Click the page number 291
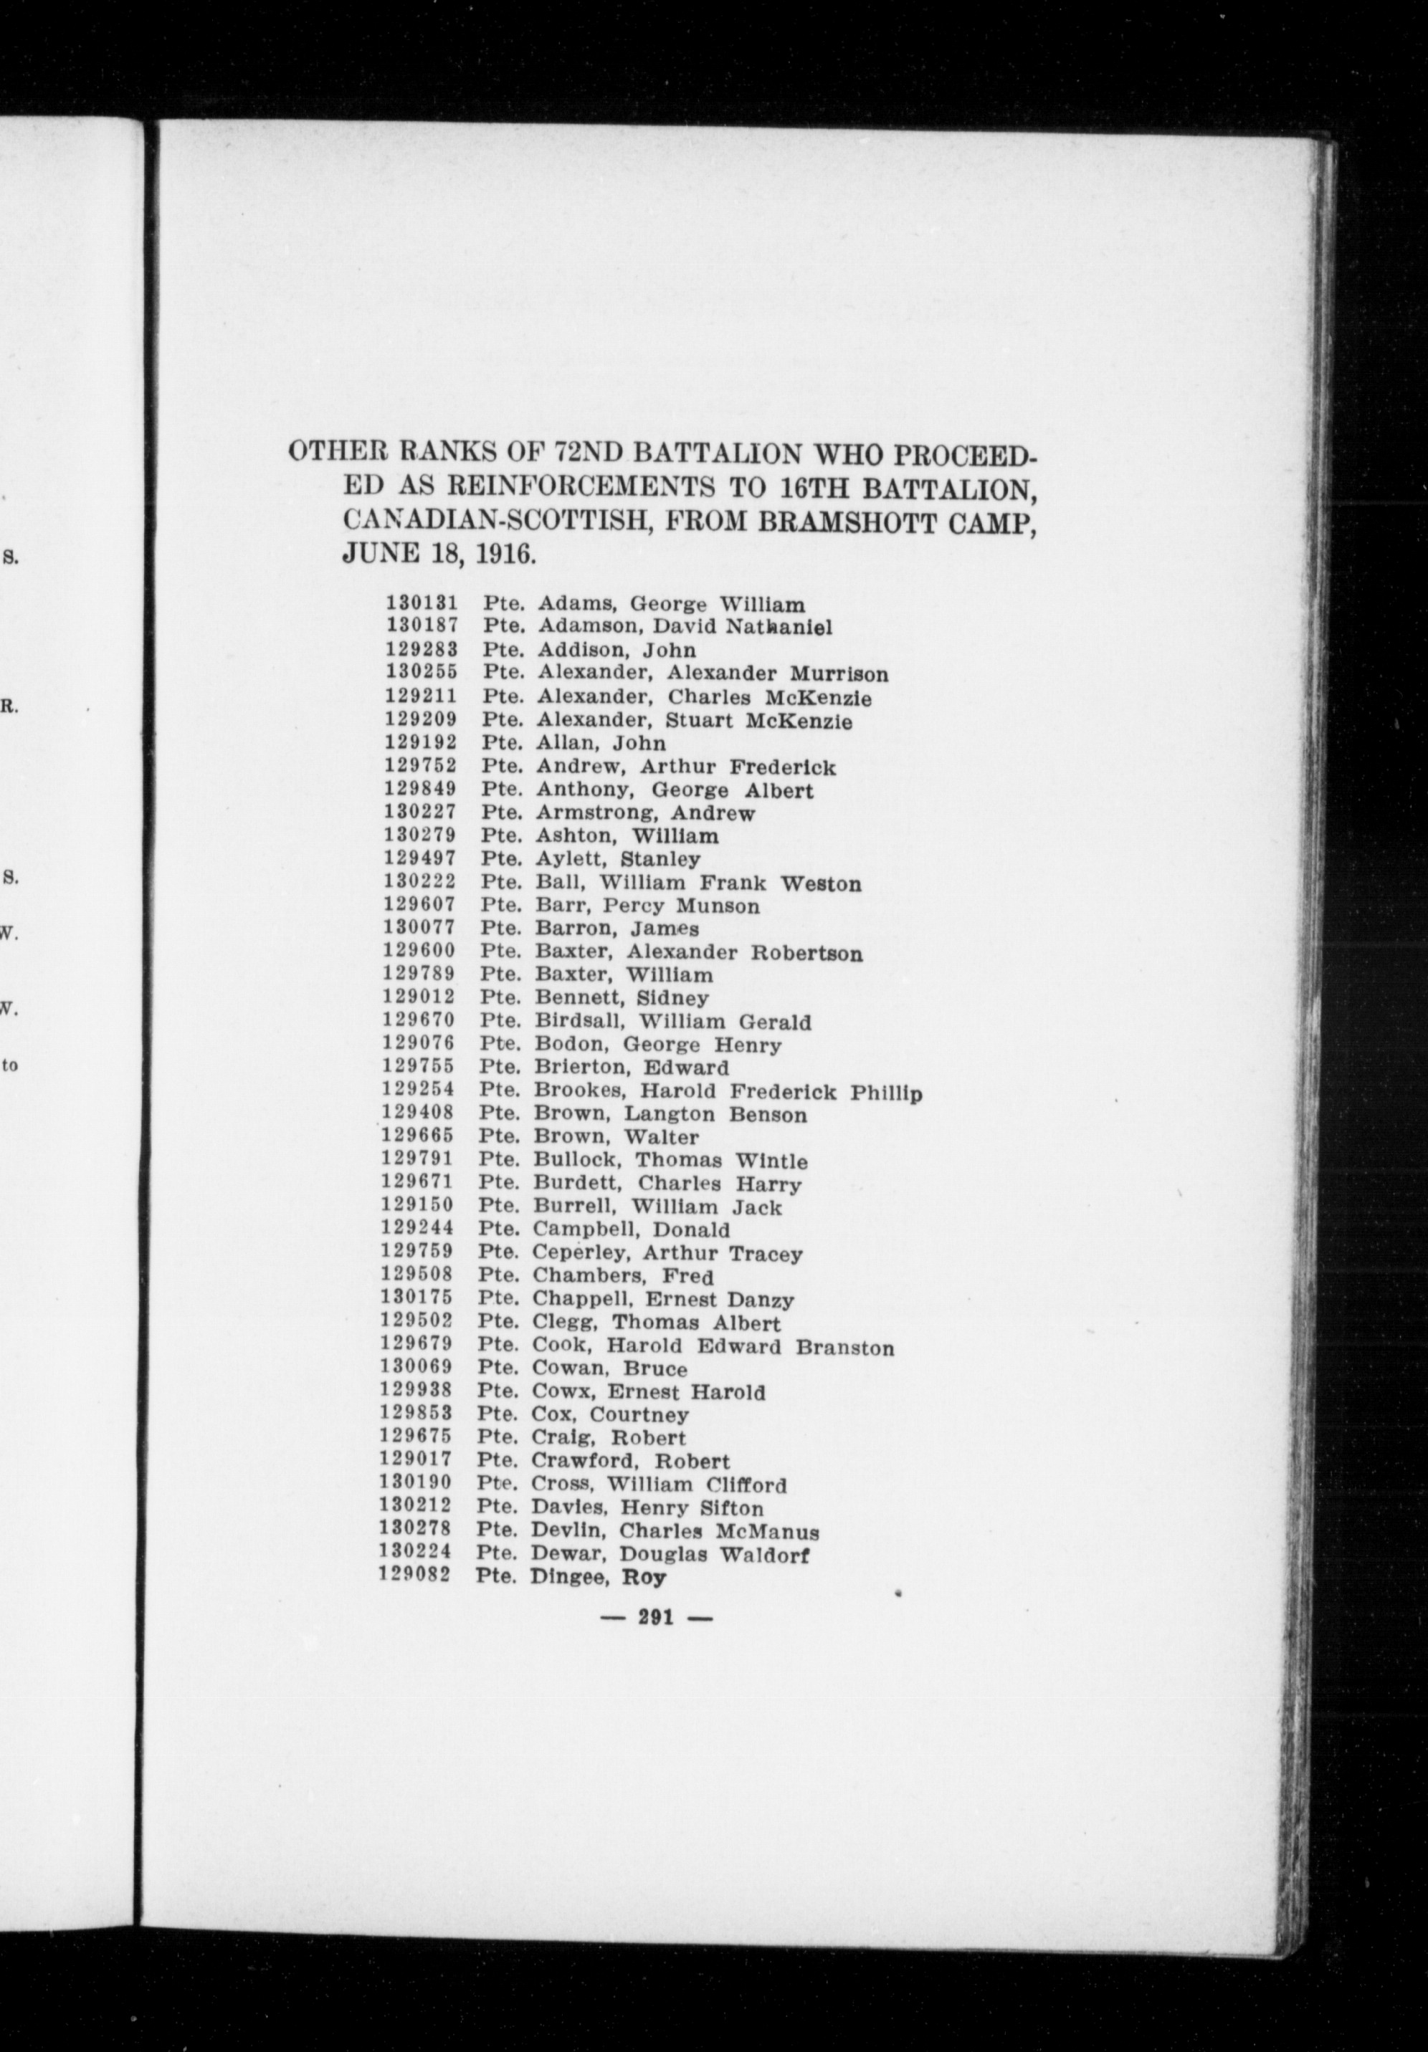657,1617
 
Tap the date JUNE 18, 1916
438,554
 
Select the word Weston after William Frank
821,884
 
